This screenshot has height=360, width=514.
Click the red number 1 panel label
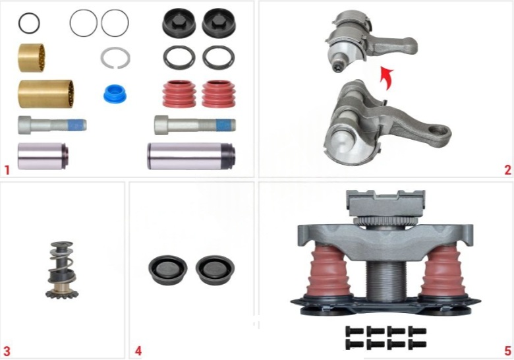7,171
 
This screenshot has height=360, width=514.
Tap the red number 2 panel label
508,170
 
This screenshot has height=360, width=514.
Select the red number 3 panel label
7,351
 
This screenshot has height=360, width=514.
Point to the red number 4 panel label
138,351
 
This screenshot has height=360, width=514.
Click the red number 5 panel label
508,351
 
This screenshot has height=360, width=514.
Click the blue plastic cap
115,94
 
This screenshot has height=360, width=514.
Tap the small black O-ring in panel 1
29,23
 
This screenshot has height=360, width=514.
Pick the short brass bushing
31,58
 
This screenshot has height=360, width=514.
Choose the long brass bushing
45,94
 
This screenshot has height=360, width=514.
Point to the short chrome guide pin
43,156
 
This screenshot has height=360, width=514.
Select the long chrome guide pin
191,156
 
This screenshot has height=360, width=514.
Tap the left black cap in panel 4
168,270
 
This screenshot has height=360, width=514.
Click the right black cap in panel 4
215,270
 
